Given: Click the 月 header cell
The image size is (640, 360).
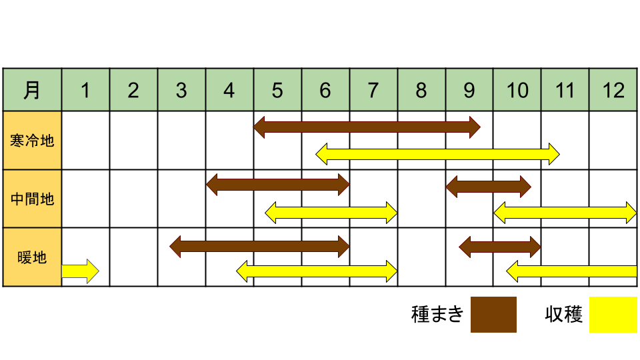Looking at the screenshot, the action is (32, 90).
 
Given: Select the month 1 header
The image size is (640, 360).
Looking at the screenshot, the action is (86, 90).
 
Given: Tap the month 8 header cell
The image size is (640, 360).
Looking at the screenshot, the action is (421, 90).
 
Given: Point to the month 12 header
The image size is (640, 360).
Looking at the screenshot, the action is (613, 90).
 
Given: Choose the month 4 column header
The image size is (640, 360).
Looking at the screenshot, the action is (229, 90).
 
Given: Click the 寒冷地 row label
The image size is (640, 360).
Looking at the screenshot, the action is (32, 141).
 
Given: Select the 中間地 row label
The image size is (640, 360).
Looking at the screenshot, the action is (32, 199).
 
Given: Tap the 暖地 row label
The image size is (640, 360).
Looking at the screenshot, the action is (32, 257).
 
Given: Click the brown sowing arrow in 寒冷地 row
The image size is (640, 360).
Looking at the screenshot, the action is (367, 127).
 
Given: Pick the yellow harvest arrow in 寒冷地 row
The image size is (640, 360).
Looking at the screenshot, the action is (437, 154).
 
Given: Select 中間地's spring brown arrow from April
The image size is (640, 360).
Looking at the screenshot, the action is (278, 185).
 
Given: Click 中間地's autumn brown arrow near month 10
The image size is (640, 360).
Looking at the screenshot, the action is (489, 187).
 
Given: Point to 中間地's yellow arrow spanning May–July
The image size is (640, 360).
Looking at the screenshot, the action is (331, 213).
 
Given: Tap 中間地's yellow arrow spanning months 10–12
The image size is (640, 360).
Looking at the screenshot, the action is (565, 213).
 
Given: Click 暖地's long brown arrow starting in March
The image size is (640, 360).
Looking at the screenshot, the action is (259, 247).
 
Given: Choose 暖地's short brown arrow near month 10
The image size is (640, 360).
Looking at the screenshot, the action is (500, 247).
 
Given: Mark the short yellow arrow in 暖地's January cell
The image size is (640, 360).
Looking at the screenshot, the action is (81, 271).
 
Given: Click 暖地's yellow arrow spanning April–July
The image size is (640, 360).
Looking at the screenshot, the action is (317, 271).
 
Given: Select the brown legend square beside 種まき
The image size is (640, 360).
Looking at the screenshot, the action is (493, 314).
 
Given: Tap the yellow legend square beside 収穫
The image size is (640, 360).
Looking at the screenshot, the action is (613, 314).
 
